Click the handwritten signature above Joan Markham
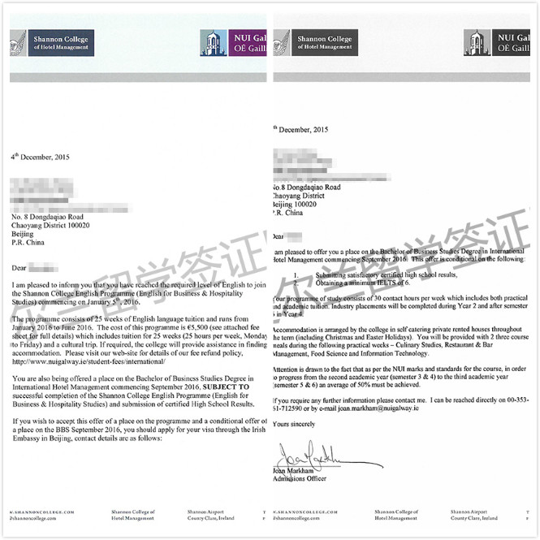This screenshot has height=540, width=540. click(x=319, y=451)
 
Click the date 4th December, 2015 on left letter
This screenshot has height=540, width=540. click(x=40, y=156)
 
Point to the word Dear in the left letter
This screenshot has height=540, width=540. click(x=20, y=266)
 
